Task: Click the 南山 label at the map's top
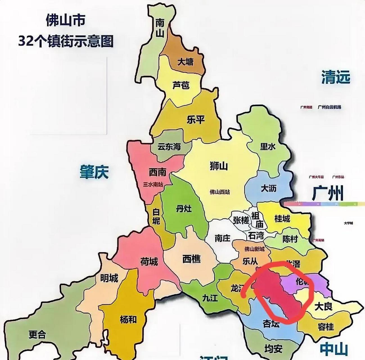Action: (160, 28)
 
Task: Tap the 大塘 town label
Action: (185, 62)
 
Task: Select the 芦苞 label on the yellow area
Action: (181, 85)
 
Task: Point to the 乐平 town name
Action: (195, 120)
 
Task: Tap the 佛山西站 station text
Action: (220, 192)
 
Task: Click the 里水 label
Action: (268, 146)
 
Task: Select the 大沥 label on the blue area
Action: (269, 188)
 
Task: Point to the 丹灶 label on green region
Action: (184, 209)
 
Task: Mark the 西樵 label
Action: (191, 258)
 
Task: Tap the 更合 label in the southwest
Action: (37, 334)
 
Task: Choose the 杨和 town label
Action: (128, 319)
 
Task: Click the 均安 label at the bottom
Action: (273, 349)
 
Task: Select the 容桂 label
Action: (326, 327)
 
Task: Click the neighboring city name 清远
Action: (336, 77)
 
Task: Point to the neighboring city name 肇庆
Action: (94, 172)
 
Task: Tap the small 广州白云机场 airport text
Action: (329, 107)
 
